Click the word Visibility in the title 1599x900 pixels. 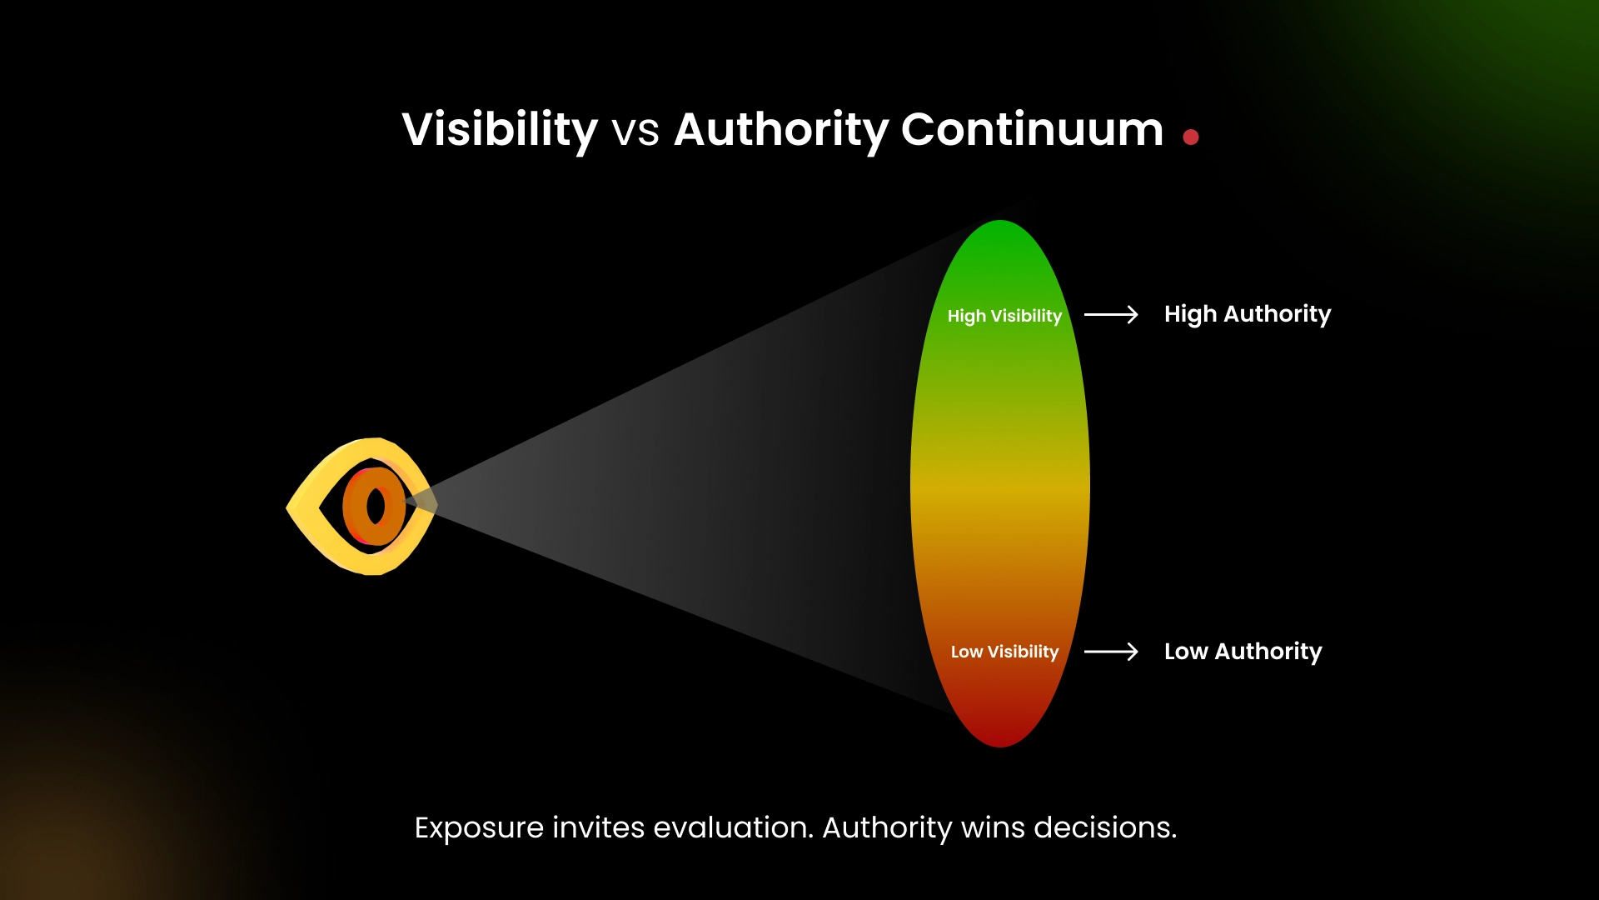pos(500,130)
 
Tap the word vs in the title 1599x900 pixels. pos(635,133)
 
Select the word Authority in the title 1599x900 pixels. pos(781,130)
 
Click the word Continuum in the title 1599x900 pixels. pos(1032,130)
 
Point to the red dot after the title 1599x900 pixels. pos(1191,137)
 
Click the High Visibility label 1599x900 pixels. pos(1004,316)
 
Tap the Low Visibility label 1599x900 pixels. pos(1004,652)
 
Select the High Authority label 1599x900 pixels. pos(1247,314)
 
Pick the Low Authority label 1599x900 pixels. pos(1243,652)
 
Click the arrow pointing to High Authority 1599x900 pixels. pos(1111,314)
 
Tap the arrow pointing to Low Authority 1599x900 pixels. pos(1111,652)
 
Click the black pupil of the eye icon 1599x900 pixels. pos(376,507)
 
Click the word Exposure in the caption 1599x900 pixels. pos(479,828)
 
